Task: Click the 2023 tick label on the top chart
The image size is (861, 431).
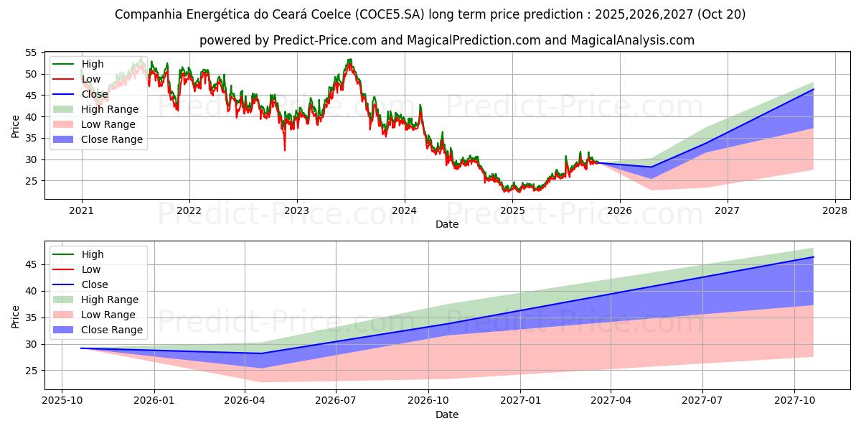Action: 296,210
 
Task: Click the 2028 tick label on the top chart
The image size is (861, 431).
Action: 834,210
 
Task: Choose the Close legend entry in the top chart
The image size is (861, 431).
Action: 95,94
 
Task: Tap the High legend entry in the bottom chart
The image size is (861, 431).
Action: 93,254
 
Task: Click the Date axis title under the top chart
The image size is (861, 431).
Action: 446,224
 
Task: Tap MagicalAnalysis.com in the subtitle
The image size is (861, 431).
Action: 632,40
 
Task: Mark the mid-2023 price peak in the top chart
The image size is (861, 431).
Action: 349,60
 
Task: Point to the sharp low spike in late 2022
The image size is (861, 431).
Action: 285,149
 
